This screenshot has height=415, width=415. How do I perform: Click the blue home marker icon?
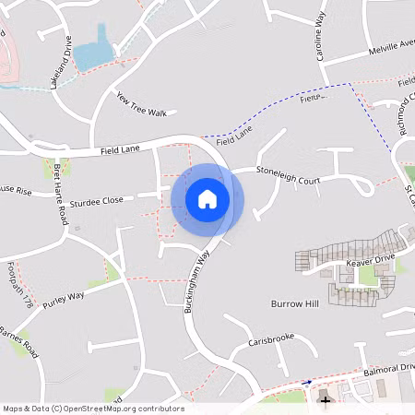[207, 199]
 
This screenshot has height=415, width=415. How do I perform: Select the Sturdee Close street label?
[97, 199]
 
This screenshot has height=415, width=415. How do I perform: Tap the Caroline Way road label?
[321, 37]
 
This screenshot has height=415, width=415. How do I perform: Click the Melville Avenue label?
[391, 47]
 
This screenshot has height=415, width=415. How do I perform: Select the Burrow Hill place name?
[293, 303]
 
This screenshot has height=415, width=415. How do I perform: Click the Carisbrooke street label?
[270, 339]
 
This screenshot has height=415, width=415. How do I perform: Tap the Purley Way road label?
[63, 297]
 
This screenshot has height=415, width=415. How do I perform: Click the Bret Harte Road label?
[61, 195]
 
